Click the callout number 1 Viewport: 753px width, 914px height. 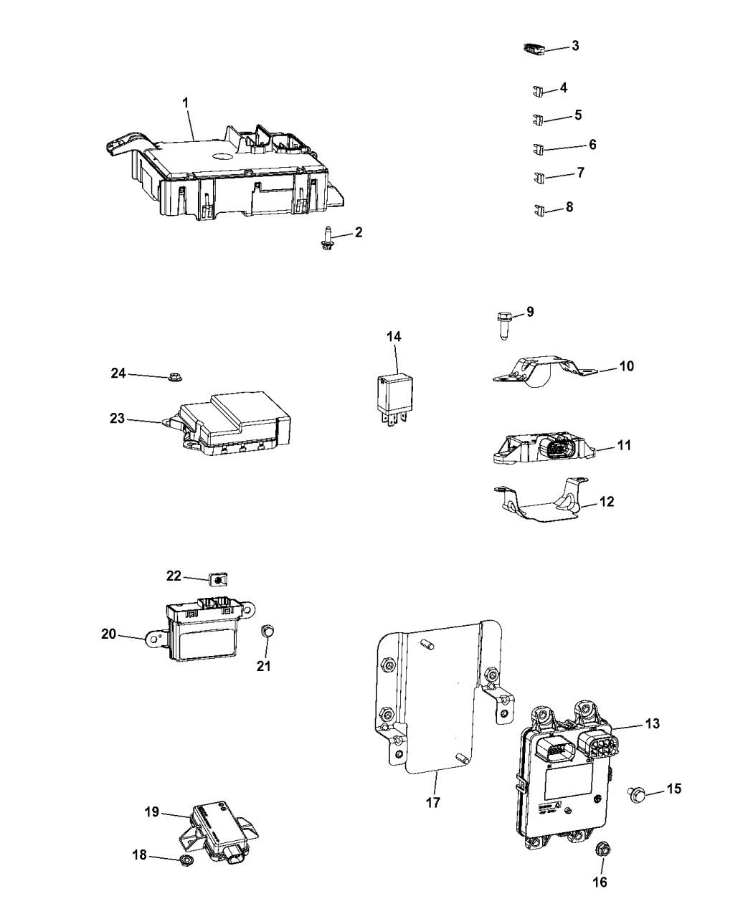[x=185, y=103]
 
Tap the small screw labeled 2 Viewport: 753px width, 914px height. [x=326, y=239]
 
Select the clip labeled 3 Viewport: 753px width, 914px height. [x=531, y=49]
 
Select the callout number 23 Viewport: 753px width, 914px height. [x=117, y=418]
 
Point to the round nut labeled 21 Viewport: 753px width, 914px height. [x=267, y=631]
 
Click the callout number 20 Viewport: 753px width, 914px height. [x=108, y=633]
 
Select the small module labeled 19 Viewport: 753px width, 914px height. [x=219, y=832]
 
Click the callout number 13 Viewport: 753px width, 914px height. [x=651, y=725]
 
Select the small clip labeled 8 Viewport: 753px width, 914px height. [x=539, y=210]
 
